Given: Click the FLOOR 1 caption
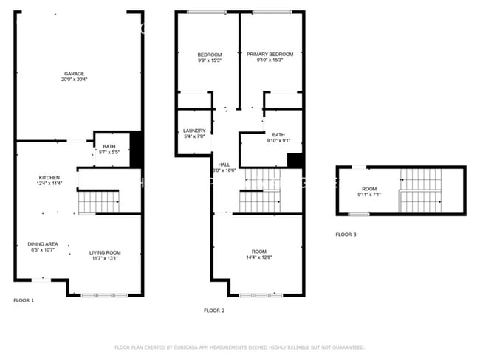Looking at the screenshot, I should click(x=24, y=300).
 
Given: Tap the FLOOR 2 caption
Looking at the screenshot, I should click(x=214, y=311).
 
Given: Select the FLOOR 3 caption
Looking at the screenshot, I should click(x=346, y=235).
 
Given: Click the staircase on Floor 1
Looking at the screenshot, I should click(x=98, y=201).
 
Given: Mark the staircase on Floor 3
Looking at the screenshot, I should click(x=419, y=190).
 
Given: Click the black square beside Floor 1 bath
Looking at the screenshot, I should click(x=136, y=148).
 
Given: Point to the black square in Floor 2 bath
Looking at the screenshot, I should click(x=295, y=161).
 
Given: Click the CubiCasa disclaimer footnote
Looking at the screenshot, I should click(x=239, y=347).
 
